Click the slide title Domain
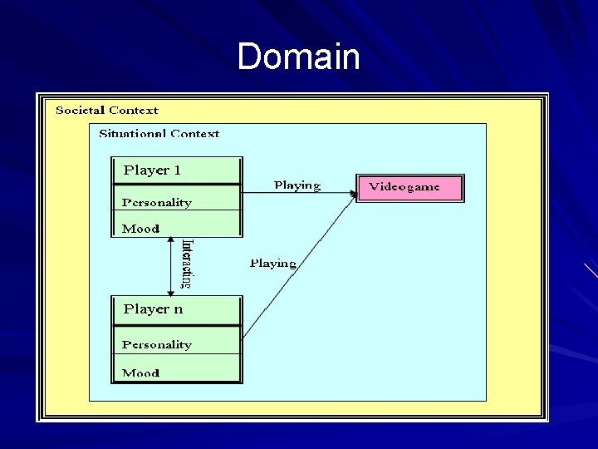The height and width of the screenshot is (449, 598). [298, 57]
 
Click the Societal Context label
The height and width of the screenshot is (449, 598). [106, 110]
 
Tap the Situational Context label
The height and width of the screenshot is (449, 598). [159, 133]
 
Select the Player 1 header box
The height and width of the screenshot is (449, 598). [177, 170]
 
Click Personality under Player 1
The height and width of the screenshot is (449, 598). [157, 202]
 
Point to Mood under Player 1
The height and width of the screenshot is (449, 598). [140, 229]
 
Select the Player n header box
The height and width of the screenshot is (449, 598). [177, 309]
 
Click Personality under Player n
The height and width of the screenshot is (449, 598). [157, 344]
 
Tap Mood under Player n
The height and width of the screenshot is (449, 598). [140, 373]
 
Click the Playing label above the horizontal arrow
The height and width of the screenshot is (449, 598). [297, 185]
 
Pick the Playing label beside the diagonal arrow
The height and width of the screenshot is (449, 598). [273, 264]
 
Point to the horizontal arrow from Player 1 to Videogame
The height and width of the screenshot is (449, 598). [299, 193]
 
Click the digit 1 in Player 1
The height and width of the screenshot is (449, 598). [176, 170]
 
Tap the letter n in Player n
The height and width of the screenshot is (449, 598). [177, 309]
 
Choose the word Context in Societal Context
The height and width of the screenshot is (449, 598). [133, 110]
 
